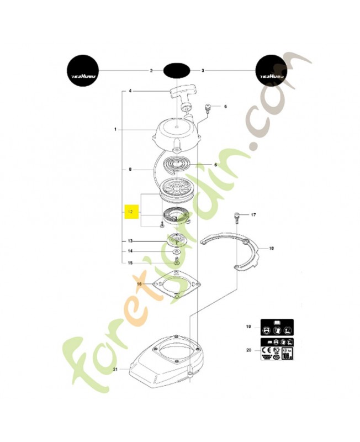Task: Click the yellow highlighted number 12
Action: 130,212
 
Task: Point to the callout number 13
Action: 130,241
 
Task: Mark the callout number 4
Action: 130,91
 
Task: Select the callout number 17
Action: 253,214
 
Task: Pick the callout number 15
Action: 130,263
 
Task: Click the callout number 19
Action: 249,328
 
